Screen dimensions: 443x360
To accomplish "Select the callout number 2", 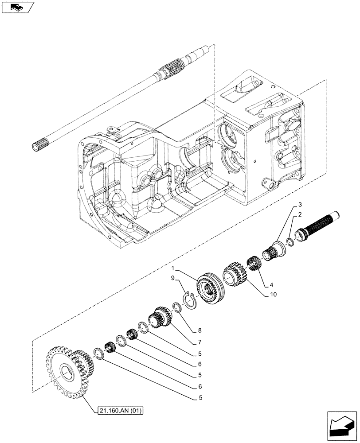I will click(x=301, y=215).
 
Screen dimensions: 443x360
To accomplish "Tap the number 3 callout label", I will click(x=300, y=204).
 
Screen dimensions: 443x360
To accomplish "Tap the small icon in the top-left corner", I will click(x=18, y=8).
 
